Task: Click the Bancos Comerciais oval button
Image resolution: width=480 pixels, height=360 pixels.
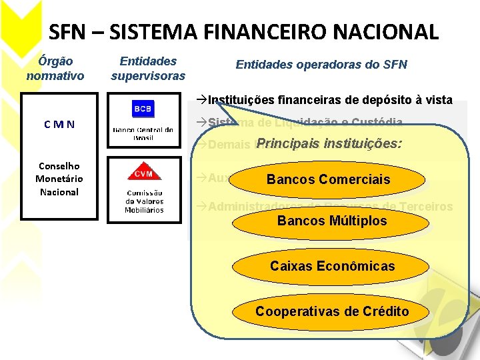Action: pyautogui.click(x=329, y=179)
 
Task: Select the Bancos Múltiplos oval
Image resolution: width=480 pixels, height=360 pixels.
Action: pyautogui.click(x=332, y=221)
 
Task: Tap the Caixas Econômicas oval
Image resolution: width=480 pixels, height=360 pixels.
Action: pyautogui.click(x=332, y=267)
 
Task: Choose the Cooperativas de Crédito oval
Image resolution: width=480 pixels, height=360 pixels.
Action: pyautogui.click(x=332, y=312)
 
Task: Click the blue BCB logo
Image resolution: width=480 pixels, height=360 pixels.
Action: pyautogui.click(x=142, y=109)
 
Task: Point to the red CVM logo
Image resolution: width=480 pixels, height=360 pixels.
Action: pyautogui.click(x=142, y=173)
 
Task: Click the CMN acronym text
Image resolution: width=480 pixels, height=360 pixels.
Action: pyautogui.click(x=59, y=124)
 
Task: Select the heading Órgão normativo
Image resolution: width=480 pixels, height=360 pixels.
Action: pyautogui.click(x=55, y=68)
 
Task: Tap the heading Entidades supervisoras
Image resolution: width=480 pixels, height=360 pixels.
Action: pyautogui.click(x=148, y=68)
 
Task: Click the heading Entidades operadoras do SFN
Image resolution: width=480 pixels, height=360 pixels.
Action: pyautogui.click(x=321, y=65)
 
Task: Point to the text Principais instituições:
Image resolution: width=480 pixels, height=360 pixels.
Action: pyautogui.click(x=329, y=143)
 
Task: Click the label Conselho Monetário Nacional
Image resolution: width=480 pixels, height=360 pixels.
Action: pyautogui.click(x=59, y=179)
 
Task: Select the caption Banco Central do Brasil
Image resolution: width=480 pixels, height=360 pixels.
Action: pyautogui.click(x=143, y=133)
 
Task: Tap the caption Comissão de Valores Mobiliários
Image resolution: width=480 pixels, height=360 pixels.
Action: pyautogui.click(x=144, y=201)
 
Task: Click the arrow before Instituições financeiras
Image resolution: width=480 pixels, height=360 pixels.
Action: pyautogui.click(x=202, y=101)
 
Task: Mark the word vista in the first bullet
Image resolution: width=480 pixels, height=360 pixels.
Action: pyautogui.click(x=438, y=101)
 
